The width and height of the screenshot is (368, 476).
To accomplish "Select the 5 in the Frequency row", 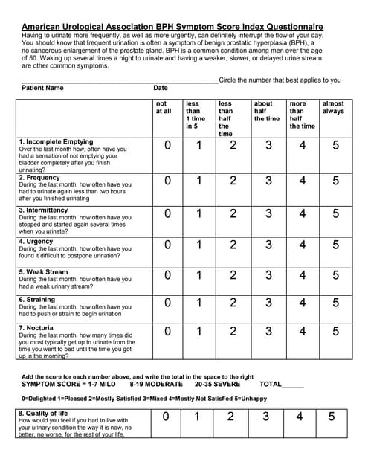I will click(335, 181).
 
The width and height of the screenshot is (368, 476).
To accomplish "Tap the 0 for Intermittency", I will click(168, 213).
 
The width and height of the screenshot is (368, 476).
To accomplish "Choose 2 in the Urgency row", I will click(233, 245).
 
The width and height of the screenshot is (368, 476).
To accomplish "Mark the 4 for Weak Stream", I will click(302, 275).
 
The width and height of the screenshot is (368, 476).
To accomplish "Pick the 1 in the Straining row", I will click(199, 303).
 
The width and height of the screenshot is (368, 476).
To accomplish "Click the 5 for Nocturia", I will click(335, 331).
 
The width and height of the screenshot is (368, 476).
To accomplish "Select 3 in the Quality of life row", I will click(265, 416).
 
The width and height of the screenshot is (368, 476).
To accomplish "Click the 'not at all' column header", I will click(162, 108).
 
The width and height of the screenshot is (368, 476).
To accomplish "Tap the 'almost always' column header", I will click(333, 108).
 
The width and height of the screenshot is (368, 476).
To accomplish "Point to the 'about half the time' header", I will click(266, 112).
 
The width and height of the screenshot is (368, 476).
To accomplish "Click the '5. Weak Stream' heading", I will click(43, 272).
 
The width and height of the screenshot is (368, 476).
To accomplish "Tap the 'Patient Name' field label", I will click(42, 88).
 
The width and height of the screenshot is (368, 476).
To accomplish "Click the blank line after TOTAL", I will click(293, 385).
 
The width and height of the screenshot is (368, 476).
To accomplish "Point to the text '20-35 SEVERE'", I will click(216, 384).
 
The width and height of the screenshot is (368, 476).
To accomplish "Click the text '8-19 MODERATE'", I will click(155, 384).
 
